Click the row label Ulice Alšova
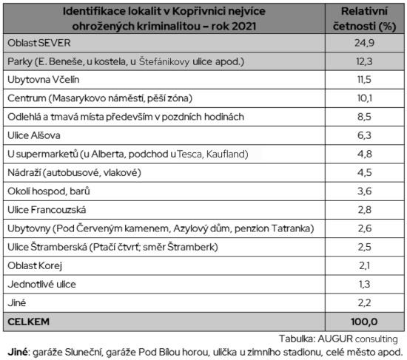pyautogui.click(x=31, y=135)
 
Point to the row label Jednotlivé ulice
pyautogui.click(x=41, y=284)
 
